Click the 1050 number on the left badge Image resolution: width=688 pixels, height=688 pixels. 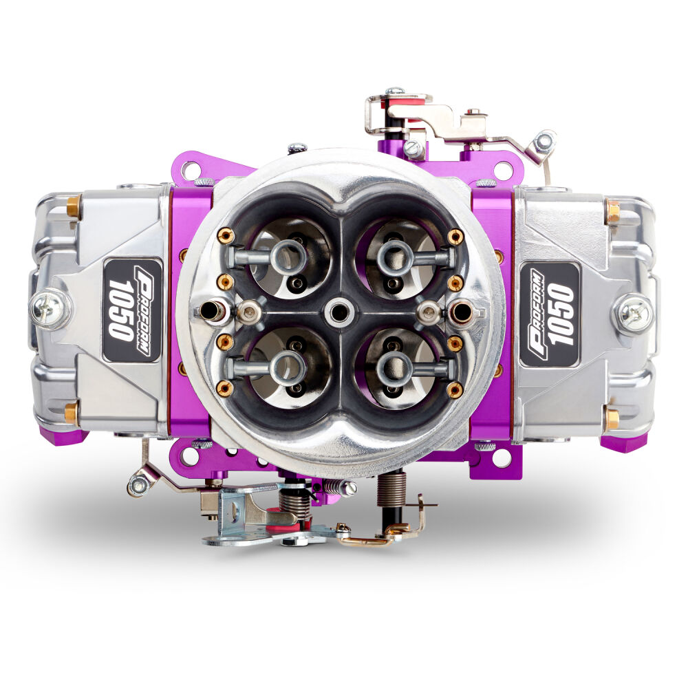[120, 310]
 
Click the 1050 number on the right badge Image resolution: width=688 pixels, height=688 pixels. [561, 314]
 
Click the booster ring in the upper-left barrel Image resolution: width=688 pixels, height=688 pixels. [288, 256]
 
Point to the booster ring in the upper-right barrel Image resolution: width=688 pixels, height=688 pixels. [394, 255]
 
